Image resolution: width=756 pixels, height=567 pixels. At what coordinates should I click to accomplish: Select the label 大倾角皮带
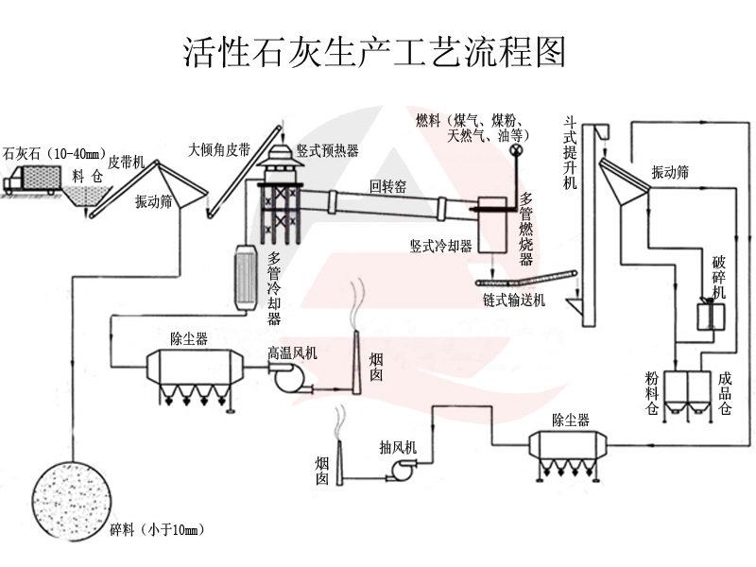coord(219,148)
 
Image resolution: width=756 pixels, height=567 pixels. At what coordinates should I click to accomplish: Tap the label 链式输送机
coord(514,301)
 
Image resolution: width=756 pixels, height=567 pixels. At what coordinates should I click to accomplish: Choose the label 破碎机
coord(719,276)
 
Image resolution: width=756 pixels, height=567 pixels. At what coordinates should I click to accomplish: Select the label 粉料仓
coord(652,393)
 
